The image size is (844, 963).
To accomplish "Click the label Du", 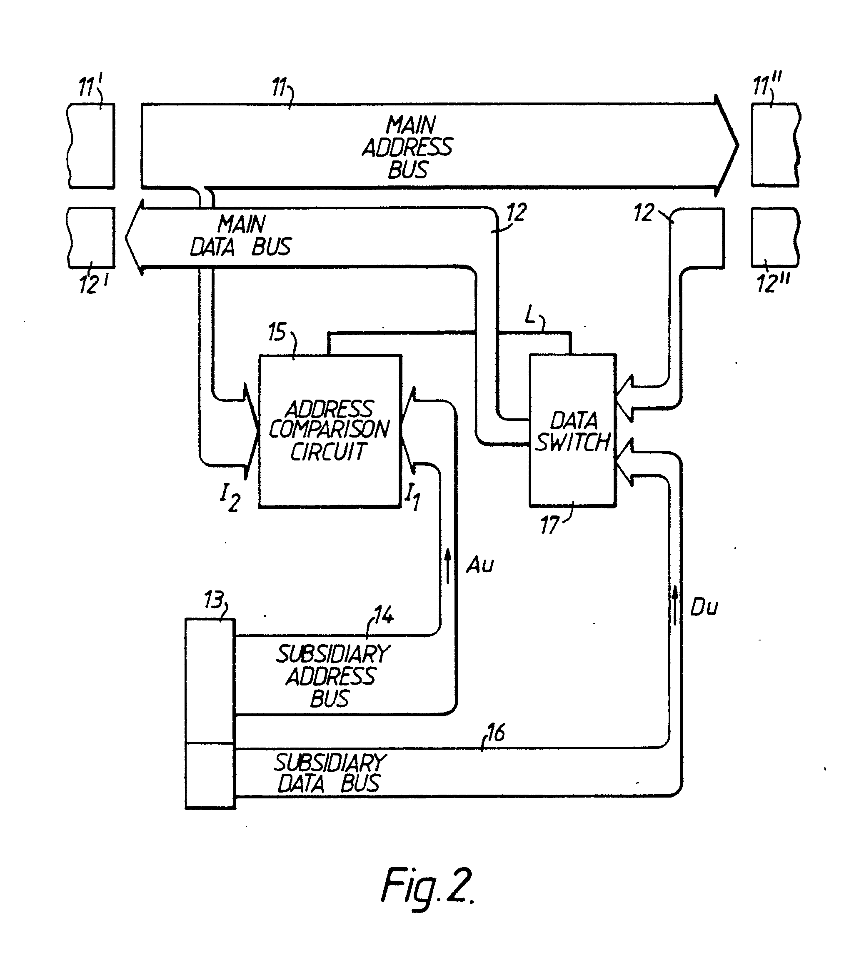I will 704,608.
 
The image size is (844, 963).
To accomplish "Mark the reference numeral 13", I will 213,600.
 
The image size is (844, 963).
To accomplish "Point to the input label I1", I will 412,497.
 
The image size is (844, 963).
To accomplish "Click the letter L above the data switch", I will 531,316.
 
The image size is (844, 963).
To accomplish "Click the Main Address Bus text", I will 408,148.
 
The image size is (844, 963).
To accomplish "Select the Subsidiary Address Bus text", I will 332,676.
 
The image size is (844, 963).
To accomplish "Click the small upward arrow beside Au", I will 448,565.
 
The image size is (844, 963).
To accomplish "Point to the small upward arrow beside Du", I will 675,605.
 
